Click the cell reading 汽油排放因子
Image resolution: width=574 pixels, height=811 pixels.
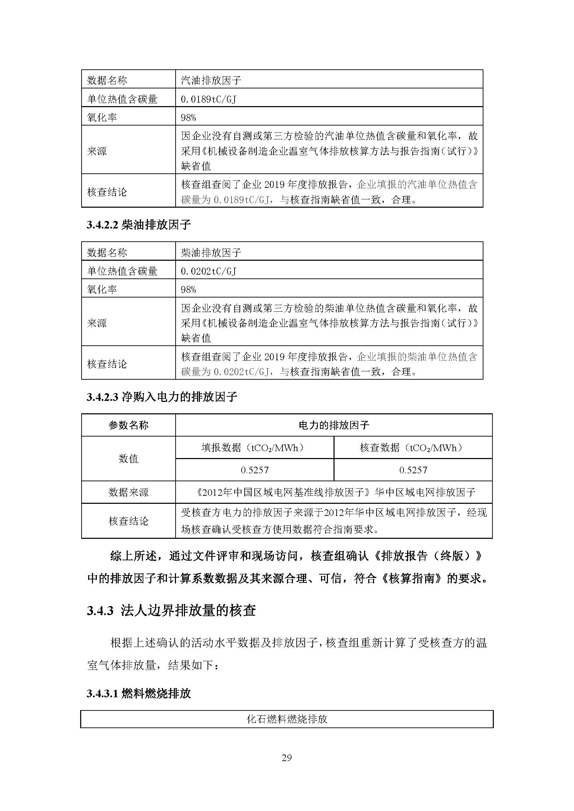211,80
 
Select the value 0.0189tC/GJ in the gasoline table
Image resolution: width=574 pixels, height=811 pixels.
209,99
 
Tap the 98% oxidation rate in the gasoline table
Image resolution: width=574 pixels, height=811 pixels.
188,118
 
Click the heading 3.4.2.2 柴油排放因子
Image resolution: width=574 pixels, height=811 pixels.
139,225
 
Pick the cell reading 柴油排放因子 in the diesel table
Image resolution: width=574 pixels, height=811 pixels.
211,252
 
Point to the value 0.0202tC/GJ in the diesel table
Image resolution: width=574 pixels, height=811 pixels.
209,271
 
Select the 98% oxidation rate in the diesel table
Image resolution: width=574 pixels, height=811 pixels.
188,290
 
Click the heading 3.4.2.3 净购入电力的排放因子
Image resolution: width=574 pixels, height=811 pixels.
162,397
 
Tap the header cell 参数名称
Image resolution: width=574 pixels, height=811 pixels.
128,425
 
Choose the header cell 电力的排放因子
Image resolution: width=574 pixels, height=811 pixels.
334,425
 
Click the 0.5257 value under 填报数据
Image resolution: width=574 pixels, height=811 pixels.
254,470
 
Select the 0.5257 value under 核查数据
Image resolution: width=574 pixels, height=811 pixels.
413,470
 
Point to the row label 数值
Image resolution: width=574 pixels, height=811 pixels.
128,459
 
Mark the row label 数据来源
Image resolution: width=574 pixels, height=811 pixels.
128,492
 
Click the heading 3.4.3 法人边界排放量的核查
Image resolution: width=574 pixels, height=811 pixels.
171,610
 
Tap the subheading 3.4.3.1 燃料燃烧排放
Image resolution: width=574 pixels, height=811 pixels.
139,693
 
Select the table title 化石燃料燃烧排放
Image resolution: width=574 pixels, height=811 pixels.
287,719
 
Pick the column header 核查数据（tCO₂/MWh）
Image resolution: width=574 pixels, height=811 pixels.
413,448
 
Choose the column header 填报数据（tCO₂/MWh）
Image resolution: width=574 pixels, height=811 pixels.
254,448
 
